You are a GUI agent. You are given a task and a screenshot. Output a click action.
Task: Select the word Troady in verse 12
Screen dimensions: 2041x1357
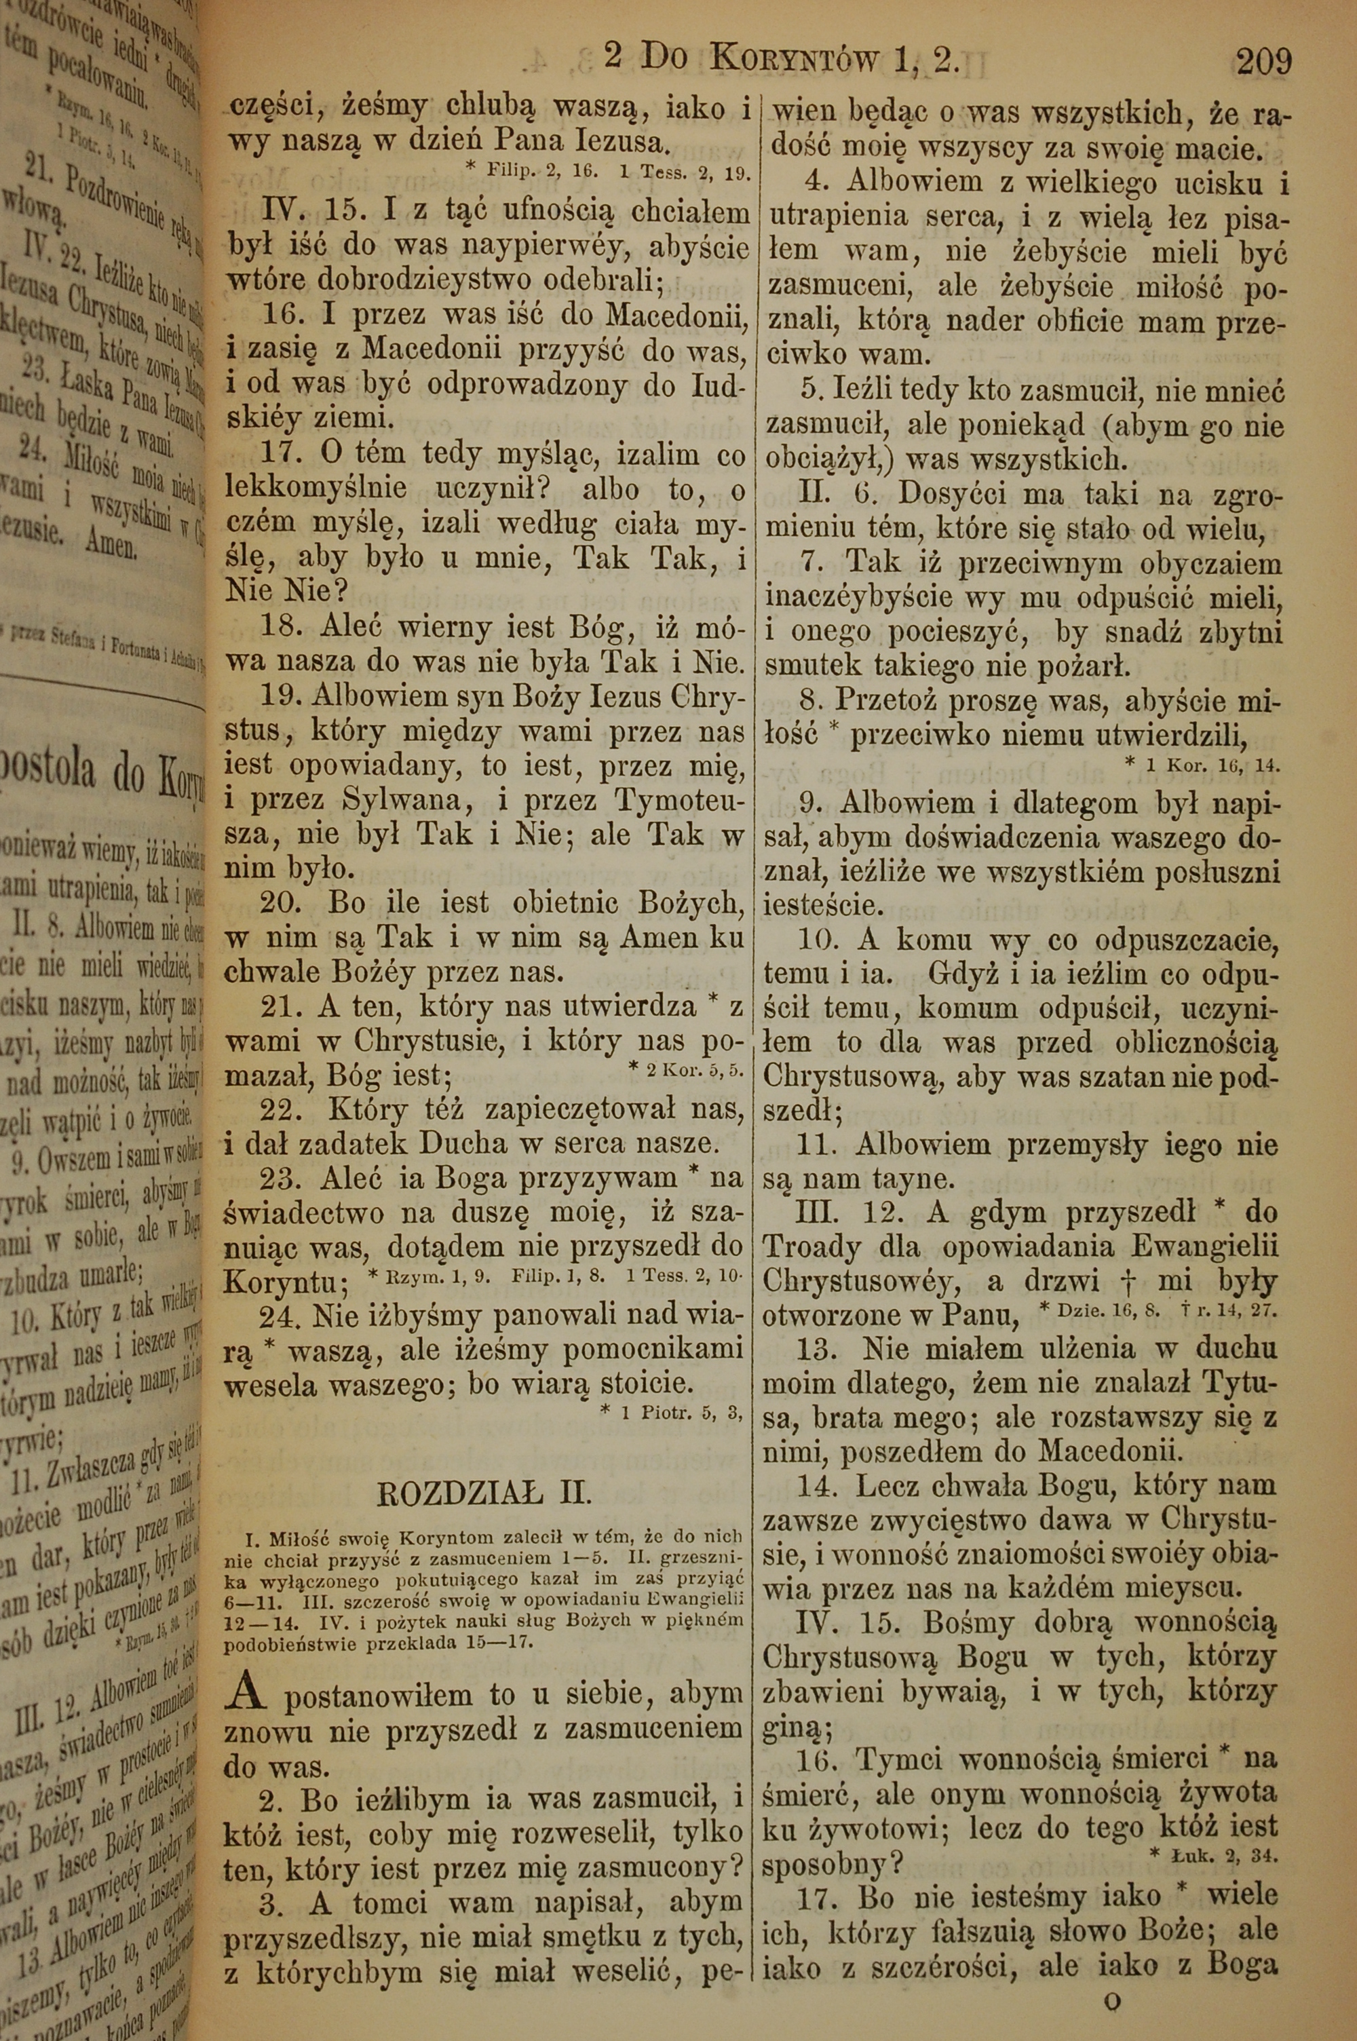point(800,1246)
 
